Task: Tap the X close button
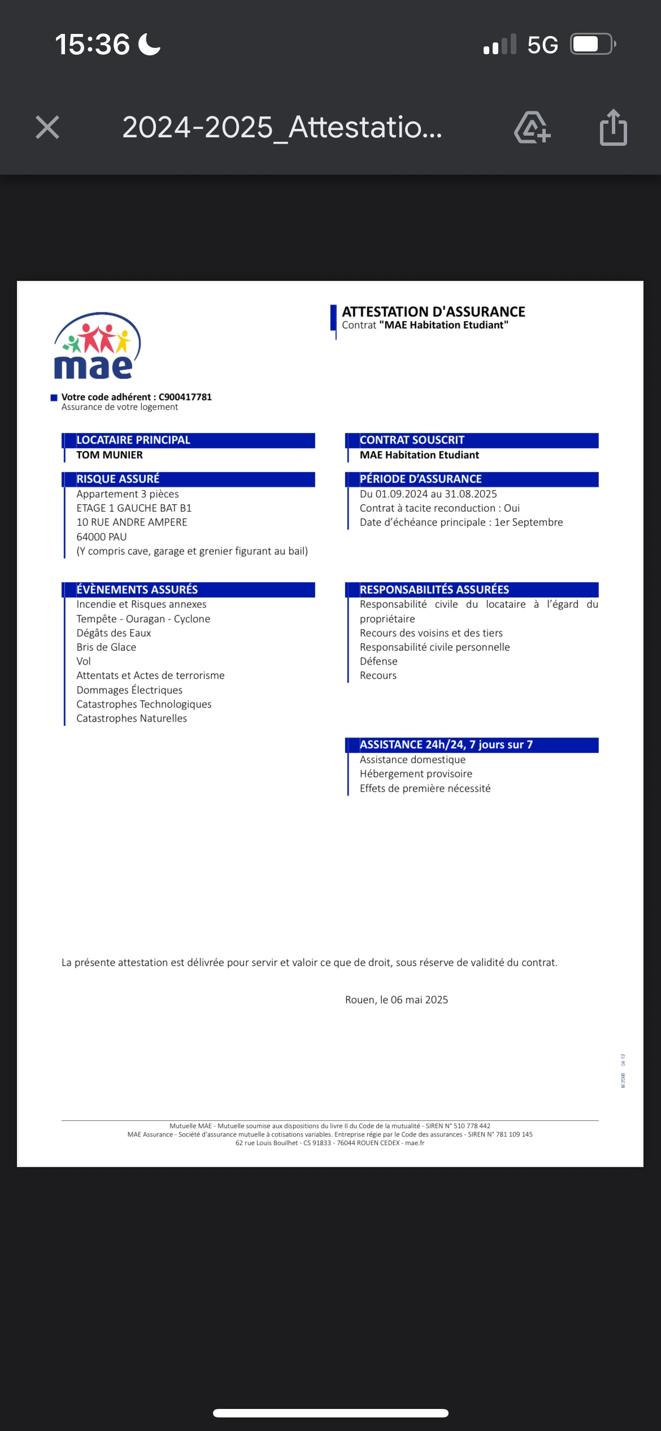tap(47, 127)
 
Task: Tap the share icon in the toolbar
tap(613, 128)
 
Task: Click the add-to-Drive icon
tap(532, 128)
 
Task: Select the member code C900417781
tap(185, 397)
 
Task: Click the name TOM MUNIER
tap(110, 455)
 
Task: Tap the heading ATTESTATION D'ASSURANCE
tap(433, 311)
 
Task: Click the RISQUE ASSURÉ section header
tap(118, 479)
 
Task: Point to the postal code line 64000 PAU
tap(102, 537)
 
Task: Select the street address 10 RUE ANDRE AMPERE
tap(132, 522)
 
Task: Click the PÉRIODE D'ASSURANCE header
tap(420, 479)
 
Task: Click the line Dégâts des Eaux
tap(114, 633)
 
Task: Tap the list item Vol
tap(84, 661)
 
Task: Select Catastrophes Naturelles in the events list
tap(132, 718)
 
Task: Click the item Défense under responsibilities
tap(379, 661)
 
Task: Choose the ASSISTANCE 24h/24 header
tap(446, 745)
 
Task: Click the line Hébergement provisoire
tap(416, 774)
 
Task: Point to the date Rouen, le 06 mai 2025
tap(397, 1000)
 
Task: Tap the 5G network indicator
tap(542, 45)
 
